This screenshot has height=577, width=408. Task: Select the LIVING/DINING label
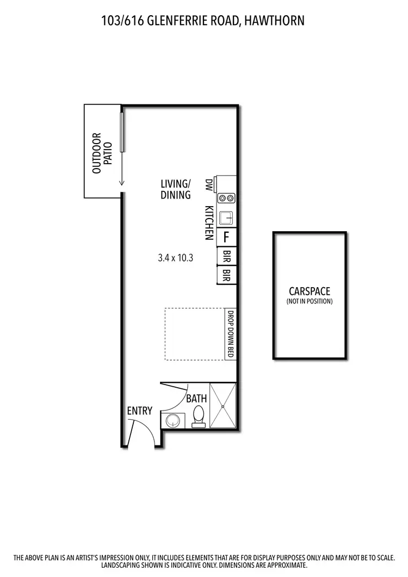click(x=176, y=189)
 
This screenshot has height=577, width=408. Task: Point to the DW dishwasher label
click(x=208, y=184)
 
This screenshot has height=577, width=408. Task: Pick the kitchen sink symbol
click(x=226, y=218)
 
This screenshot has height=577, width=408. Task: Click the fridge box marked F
click(x=226, y=237)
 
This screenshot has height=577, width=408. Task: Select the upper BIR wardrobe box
click(x=226, y=256)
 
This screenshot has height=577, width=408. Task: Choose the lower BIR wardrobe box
click(x=226, y=275)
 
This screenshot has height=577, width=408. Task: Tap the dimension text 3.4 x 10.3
click(x=176, y=258)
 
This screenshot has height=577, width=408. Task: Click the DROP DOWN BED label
click(x=230, y=333)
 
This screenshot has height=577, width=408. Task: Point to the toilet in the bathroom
click(x=199, y=415)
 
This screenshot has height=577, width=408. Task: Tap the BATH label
click(x=196, y=399)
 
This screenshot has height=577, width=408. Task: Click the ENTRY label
click(x=139, y=411)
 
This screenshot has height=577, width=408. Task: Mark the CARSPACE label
click(x=310, y=291)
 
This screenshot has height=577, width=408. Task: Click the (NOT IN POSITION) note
click(x=310, y=301)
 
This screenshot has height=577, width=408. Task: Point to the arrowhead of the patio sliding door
click(x=122, y=185)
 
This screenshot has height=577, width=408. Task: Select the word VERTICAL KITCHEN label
click(x=208, y=222)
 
